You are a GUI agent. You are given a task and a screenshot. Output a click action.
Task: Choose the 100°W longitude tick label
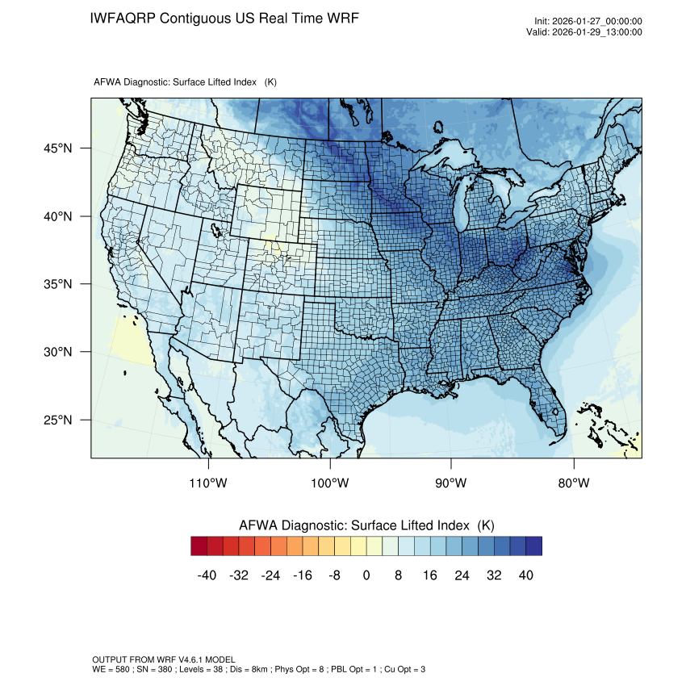tap(330, 483)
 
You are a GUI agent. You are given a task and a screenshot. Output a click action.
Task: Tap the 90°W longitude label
tap(451, 483)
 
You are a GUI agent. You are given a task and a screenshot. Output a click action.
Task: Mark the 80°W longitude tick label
tap(573, 483)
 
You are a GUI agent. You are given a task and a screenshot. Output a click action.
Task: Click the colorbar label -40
tap(207, 575)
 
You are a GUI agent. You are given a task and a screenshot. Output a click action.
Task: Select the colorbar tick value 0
tap(366, 575)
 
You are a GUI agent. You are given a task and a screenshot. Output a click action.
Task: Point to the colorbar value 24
tap(462, 575)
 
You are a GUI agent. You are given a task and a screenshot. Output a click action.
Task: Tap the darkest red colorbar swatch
tap(199, 546)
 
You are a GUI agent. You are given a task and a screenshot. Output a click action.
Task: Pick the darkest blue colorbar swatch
tap(533, 546)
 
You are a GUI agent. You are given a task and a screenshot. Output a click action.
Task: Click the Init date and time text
tap(588, 22)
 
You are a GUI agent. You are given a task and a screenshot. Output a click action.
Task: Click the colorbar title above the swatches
tap(366, 525)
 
